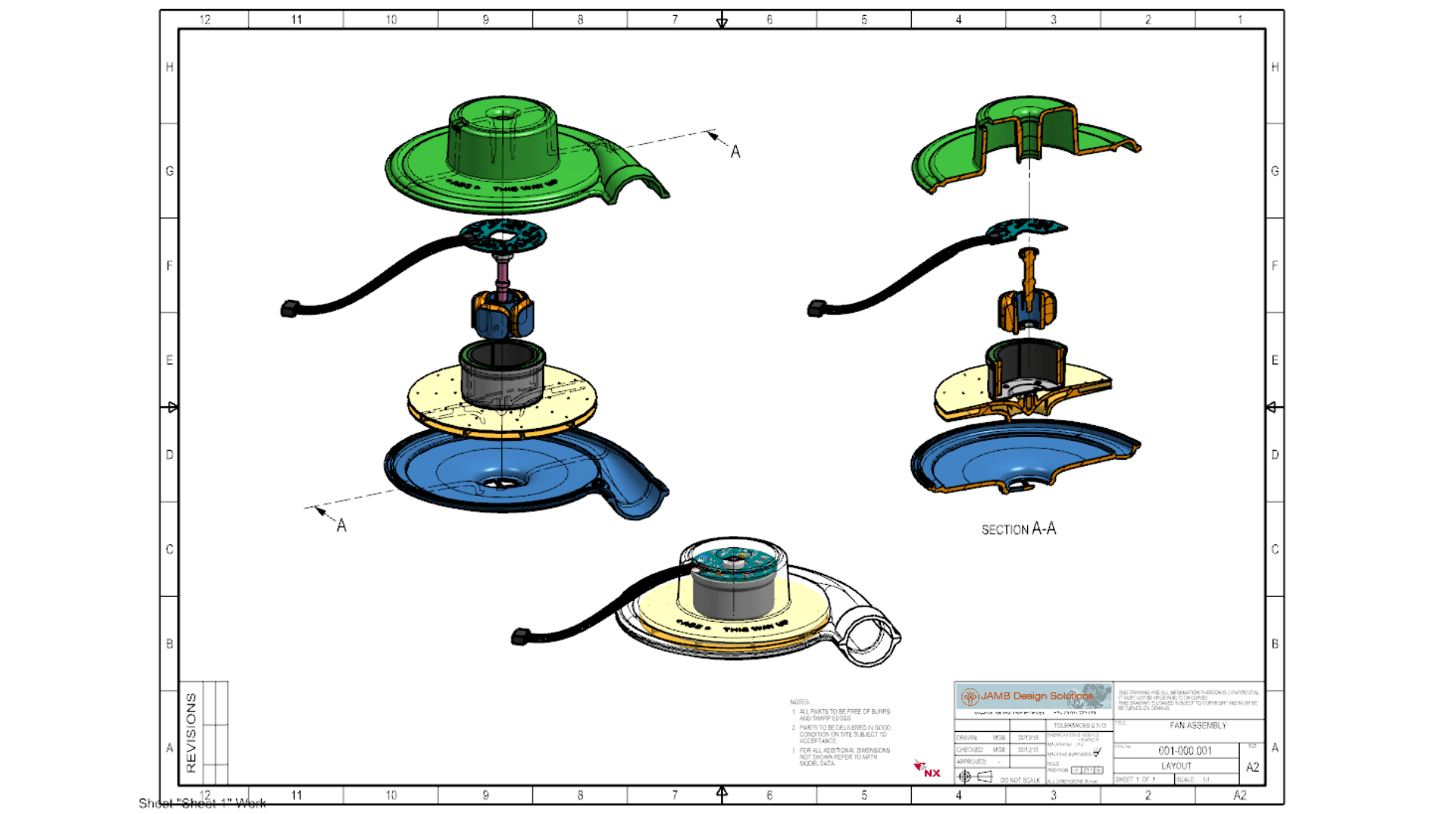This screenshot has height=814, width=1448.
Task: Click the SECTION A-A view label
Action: (x=1018, y=529)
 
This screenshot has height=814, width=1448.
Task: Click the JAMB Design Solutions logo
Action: (x=1033, y=696)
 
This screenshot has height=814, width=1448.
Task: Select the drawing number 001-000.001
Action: (x=1185, y=751)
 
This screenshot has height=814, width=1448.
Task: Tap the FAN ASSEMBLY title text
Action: (x=1198, y=726)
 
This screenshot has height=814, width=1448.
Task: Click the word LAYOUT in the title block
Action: (x=1176, y=766)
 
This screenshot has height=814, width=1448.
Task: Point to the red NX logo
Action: (x=928, y=770)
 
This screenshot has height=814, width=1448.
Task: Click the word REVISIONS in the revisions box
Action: (x=191, y=733)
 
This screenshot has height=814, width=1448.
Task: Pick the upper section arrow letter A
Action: (x=735, y=152)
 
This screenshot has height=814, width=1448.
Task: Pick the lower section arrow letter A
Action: (x=342, y=525)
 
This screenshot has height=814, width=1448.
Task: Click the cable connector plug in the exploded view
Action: (x=290, y=308)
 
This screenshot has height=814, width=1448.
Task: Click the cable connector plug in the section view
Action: (x=817, y=308)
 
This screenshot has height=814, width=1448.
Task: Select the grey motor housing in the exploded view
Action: (x=502, y=377)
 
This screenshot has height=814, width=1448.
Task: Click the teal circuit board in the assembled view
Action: (x=732, y=561)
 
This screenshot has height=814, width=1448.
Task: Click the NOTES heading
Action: (x=799, y=702)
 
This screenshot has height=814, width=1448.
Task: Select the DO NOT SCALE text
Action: (x=1020, y=780)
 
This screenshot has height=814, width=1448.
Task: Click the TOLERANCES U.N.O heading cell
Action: (x=1079, y=725)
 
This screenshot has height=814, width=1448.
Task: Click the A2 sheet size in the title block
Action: (x=1252, y=767)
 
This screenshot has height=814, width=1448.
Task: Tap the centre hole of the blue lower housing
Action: (x=499, y=483)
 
